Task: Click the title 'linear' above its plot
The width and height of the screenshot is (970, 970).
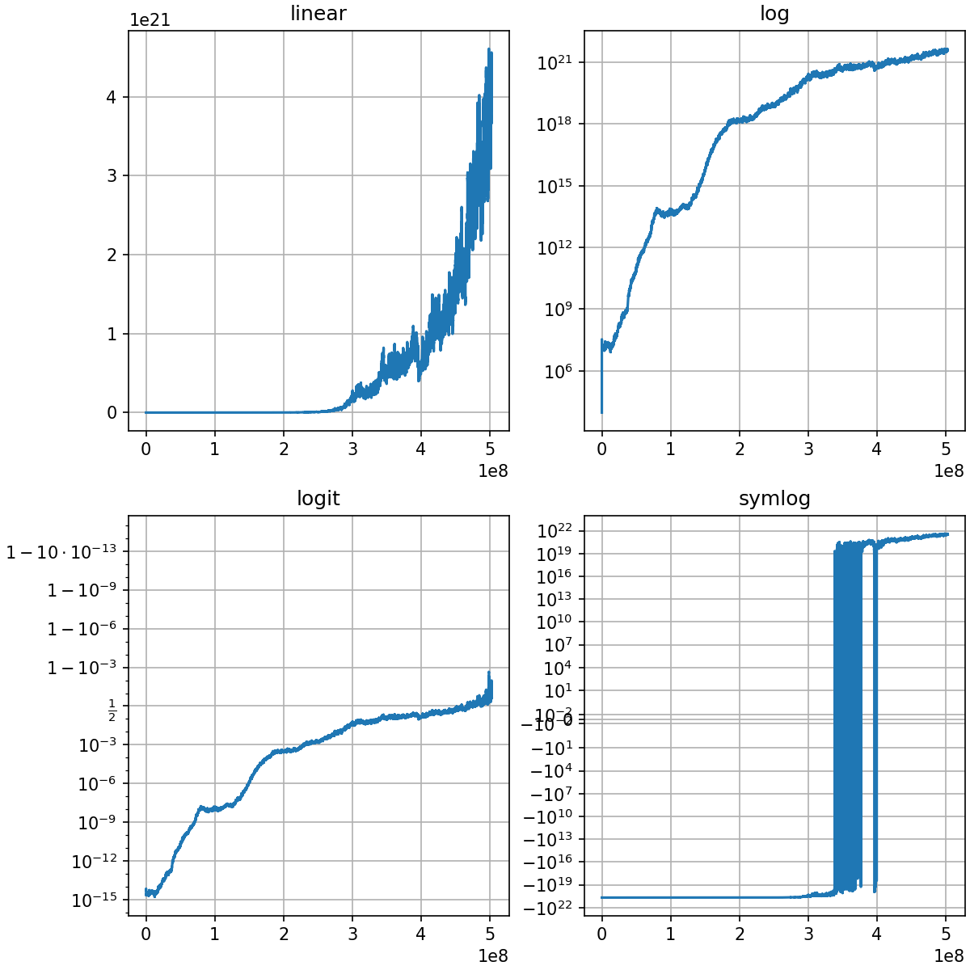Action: point(318,14)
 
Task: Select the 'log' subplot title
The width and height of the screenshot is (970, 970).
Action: point(774,14)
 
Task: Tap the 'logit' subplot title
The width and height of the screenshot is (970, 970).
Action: point(318,499)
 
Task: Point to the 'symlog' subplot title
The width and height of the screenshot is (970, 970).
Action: point(774,499)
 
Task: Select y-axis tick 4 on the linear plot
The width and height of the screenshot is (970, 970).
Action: point(112,97)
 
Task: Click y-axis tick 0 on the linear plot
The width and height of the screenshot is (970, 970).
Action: point(112,412)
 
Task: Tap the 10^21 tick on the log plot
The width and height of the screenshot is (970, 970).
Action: point(555,62)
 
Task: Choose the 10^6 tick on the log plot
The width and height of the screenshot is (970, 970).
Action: point(558,371)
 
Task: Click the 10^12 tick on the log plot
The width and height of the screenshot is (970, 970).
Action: point(555,247)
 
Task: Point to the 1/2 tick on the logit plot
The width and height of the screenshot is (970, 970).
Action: point(112,712)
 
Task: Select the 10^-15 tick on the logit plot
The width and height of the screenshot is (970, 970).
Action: point(94,900)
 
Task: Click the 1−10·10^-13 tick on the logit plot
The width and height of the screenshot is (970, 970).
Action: point(61,552)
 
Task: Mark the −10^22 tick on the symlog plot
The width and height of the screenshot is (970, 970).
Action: point(550,907)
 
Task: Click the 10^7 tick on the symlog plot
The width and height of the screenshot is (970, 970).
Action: point(558,645)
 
